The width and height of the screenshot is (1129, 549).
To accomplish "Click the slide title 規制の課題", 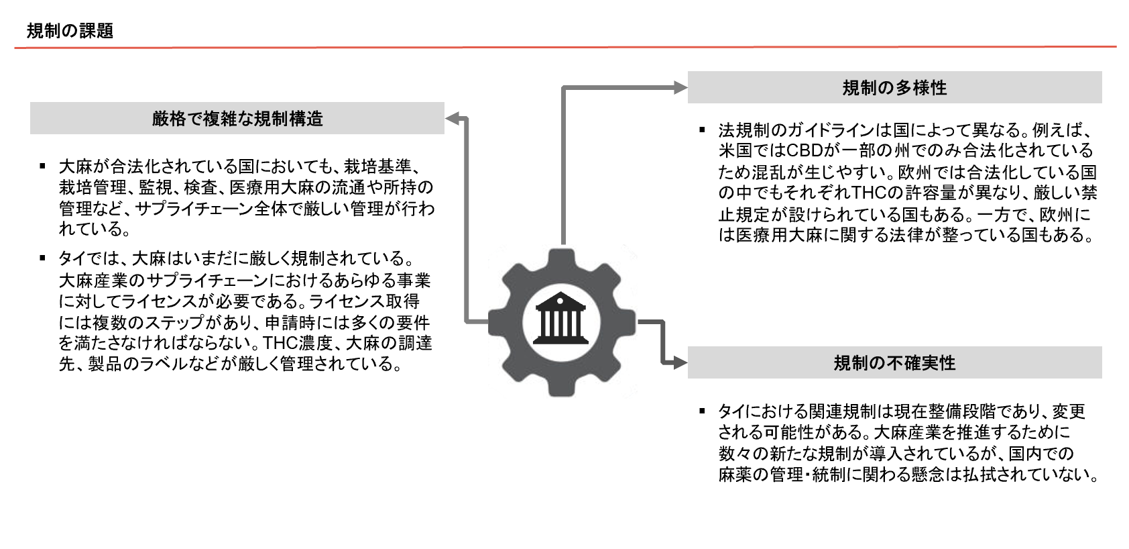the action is click(70, 31).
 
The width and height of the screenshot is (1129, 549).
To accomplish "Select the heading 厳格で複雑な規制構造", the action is click(237, 119).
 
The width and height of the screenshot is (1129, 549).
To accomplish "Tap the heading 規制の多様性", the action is click(894, 88).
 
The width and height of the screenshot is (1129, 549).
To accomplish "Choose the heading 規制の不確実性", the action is click(894, 363).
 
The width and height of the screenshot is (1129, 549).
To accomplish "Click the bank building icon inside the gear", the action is click(560, 318).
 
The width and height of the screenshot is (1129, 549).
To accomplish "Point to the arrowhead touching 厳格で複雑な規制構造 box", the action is click(452, 119).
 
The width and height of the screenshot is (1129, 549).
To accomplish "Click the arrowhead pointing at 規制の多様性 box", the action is click(680, 88).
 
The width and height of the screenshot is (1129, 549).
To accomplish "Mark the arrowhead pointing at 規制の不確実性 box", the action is click(680, 362).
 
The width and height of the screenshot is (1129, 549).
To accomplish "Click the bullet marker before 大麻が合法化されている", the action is click(42, 166).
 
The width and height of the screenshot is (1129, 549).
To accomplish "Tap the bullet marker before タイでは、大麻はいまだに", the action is click(42, 258).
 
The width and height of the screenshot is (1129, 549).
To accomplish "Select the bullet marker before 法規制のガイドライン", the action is click(702, 130).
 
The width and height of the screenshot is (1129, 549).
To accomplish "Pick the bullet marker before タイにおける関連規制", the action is click(702, 411).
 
